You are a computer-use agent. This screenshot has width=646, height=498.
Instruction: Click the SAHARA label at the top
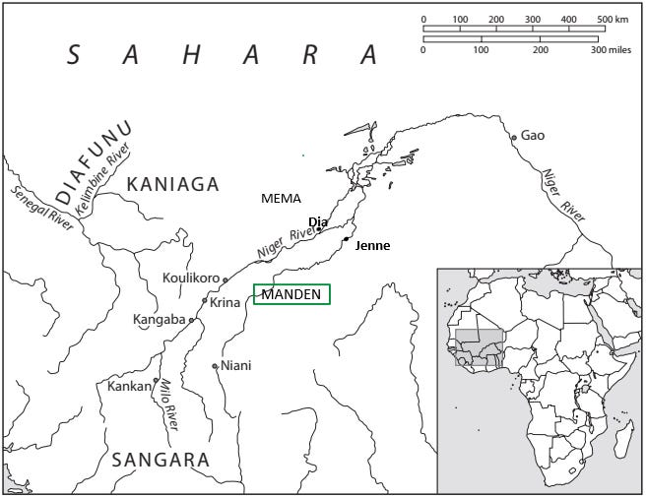tap(222, 55)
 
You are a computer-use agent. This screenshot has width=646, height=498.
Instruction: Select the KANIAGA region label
tap(172, 182)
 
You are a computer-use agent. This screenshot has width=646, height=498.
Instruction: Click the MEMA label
tap(281, 199)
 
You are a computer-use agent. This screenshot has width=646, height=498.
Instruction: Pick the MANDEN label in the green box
tap(292, 294)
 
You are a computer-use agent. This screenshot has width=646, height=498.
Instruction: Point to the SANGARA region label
tap(161, 460)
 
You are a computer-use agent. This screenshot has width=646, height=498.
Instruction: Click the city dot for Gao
tap(513, 138)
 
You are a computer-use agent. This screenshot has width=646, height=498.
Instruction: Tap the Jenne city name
tap(372, 246)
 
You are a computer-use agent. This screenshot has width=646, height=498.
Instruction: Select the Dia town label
tap(317, 221)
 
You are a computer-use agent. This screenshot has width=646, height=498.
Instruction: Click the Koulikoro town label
tap(191, 279)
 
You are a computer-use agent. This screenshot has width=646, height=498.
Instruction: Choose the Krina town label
tap(226, 302)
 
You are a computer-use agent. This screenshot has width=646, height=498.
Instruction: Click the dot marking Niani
tap(215, 366)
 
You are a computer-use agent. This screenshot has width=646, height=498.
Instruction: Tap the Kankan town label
tap(130, 386)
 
